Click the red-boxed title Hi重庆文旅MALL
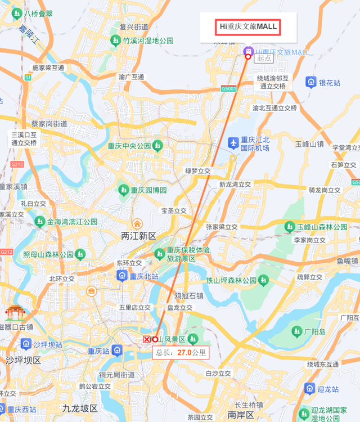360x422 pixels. pos(248,26)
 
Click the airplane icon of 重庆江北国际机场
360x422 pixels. pos(233,143)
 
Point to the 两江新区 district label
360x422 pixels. pos(138,236)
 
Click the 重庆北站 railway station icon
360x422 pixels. pos(121,276)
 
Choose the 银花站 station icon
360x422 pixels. pos(310,83)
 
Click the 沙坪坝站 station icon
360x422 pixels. pos(25,344)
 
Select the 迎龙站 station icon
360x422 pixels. pos(309,389)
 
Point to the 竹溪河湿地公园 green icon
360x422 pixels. pos(115,40)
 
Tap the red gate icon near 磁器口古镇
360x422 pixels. pos(13,313)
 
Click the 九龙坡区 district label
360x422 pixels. pos(80,408)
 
